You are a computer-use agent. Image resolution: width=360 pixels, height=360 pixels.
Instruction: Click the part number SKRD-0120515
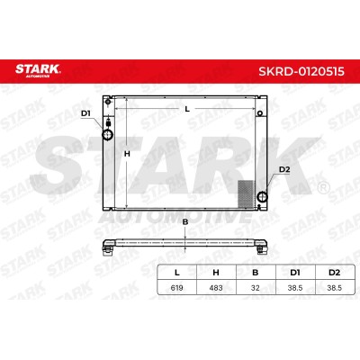[x=301, y=72]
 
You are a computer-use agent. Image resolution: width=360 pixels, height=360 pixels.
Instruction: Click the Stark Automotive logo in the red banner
[x=38, y=70]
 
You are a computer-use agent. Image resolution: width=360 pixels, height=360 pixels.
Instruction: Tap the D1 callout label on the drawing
[x=86, y=113]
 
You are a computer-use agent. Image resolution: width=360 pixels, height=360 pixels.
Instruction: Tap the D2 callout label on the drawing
[x=284, y=169]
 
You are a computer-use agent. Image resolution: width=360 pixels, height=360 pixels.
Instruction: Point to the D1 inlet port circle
[x=108, y=135]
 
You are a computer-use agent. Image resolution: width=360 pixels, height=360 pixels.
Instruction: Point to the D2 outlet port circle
[x=263, y=197]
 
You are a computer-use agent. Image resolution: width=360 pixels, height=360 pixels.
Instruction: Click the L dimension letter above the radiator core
[x=187, y=109]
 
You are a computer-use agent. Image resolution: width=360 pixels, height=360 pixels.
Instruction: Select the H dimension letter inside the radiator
[x=127, y=154]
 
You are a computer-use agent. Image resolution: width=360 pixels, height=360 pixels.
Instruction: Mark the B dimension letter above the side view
[x=185, y=222]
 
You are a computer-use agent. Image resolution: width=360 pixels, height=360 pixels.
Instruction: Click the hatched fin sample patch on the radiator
[x=246, y=193]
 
